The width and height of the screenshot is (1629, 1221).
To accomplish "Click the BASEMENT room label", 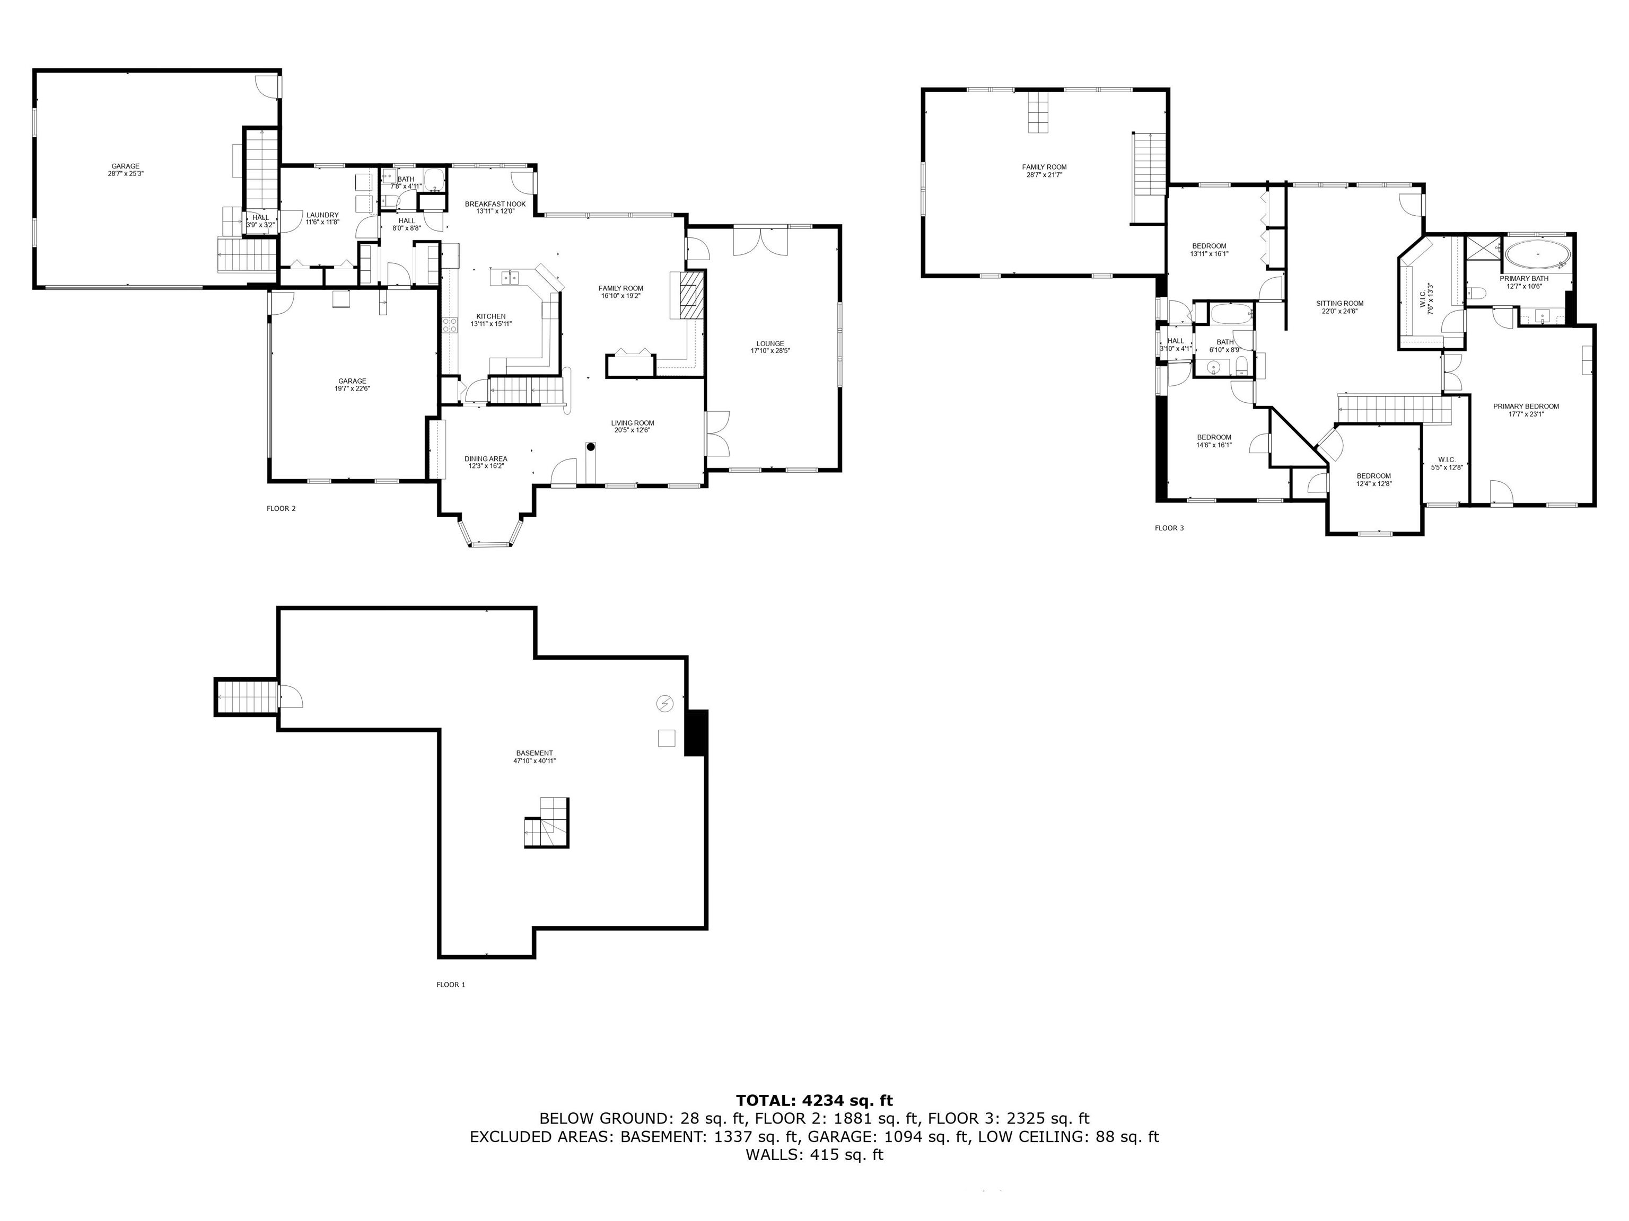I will click(535, 753).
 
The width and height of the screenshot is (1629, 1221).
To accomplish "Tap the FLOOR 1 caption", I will click(451, 985).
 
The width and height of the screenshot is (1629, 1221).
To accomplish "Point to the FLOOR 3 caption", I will click(1169, 528).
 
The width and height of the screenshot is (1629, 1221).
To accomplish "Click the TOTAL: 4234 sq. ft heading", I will click(814, 1100).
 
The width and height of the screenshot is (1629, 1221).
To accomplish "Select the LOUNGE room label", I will click(770, 343).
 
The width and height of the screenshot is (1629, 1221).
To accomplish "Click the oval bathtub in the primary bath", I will click(1537, 255).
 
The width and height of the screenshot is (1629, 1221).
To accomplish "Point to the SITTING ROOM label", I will click(1339, 303).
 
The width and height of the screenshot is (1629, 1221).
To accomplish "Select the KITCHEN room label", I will click(491, 316).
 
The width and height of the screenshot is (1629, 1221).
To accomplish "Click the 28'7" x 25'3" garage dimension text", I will click(125, 174).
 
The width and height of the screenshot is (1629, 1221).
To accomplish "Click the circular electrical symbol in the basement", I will click(664, 704).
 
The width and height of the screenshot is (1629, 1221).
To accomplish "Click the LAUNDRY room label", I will click(322, 215).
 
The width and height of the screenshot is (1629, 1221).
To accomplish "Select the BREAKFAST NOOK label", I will click(495, 204).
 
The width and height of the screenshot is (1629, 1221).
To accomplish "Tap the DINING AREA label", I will click(486, 458).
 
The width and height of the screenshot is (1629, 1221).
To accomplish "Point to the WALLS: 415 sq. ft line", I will click(814, 1155).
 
